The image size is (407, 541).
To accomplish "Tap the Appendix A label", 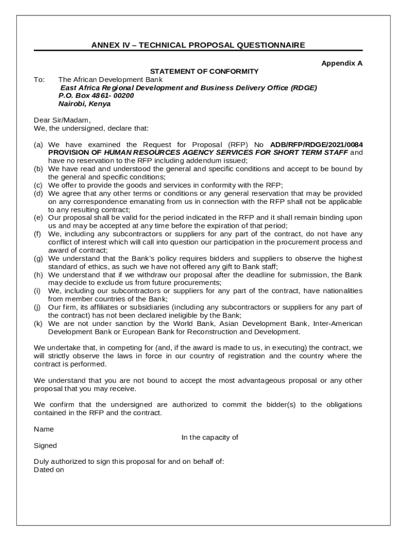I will (341, 63).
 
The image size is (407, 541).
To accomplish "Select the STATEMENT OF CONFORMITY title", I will (204, 71).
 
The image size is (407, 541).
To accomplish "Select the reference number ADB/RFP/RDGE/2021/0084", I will (316, 144).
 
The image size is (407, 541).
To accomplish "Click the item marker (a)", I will (39, 144).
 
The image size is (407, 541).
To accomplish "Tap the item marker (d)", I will (39, 193).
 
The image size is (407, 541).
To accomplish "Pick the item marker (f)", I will (39, 234).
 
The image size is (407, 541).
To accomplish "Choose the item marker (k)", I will (39, 323).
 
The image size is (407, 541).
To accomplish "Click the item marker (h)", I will (39, 275).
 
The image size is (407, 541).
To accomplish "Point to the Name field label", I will (44, 429).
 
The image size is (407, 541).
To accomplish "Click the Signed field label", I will (45, 445).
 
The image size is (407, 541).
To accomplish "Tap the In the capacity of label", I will (210, 437).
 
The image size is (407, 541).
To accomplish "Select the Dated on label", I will (49, 469).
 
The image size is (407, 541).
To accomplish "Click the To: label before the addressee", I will (39, 79).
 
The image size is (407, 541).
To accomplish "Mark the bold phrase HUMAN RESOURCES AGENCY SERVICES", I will (179, 153).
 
